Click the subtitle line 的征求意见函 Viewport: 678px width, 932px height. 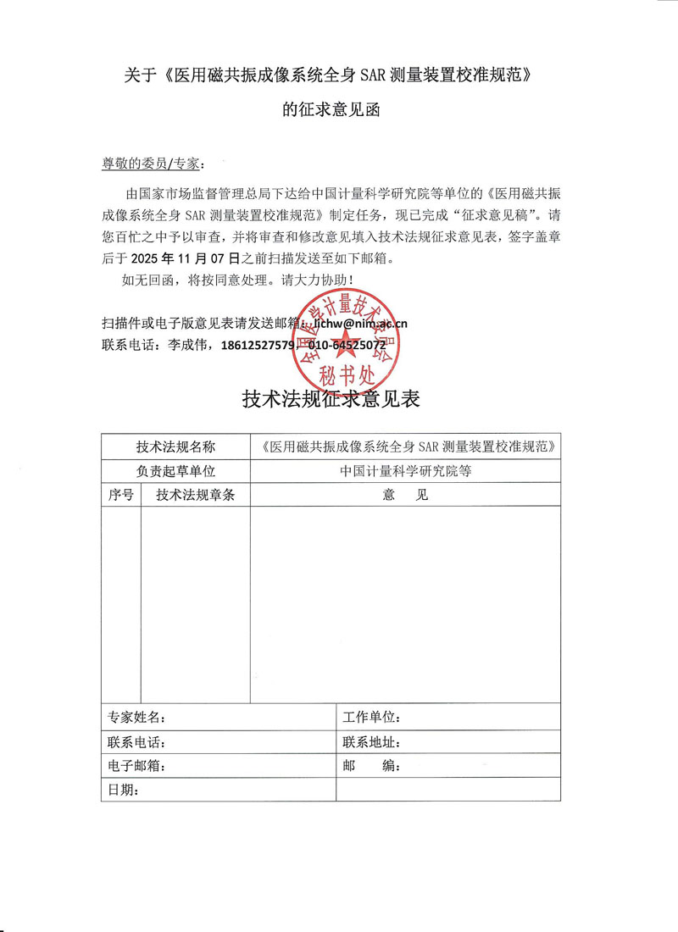point(338,111)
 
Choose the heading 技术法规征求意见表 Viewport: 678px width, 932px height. point(331,399)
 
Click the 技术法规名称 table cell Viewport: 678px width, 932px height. point(175,447)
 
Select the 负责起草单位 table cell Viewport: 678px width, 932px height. point(175,471)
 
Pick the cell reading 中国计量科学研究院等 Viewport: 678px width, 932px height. point(405,471)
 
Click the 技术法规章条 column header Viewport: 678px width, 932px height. point(195,495)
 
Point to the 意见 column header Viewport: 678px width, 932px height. point(405,495)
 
